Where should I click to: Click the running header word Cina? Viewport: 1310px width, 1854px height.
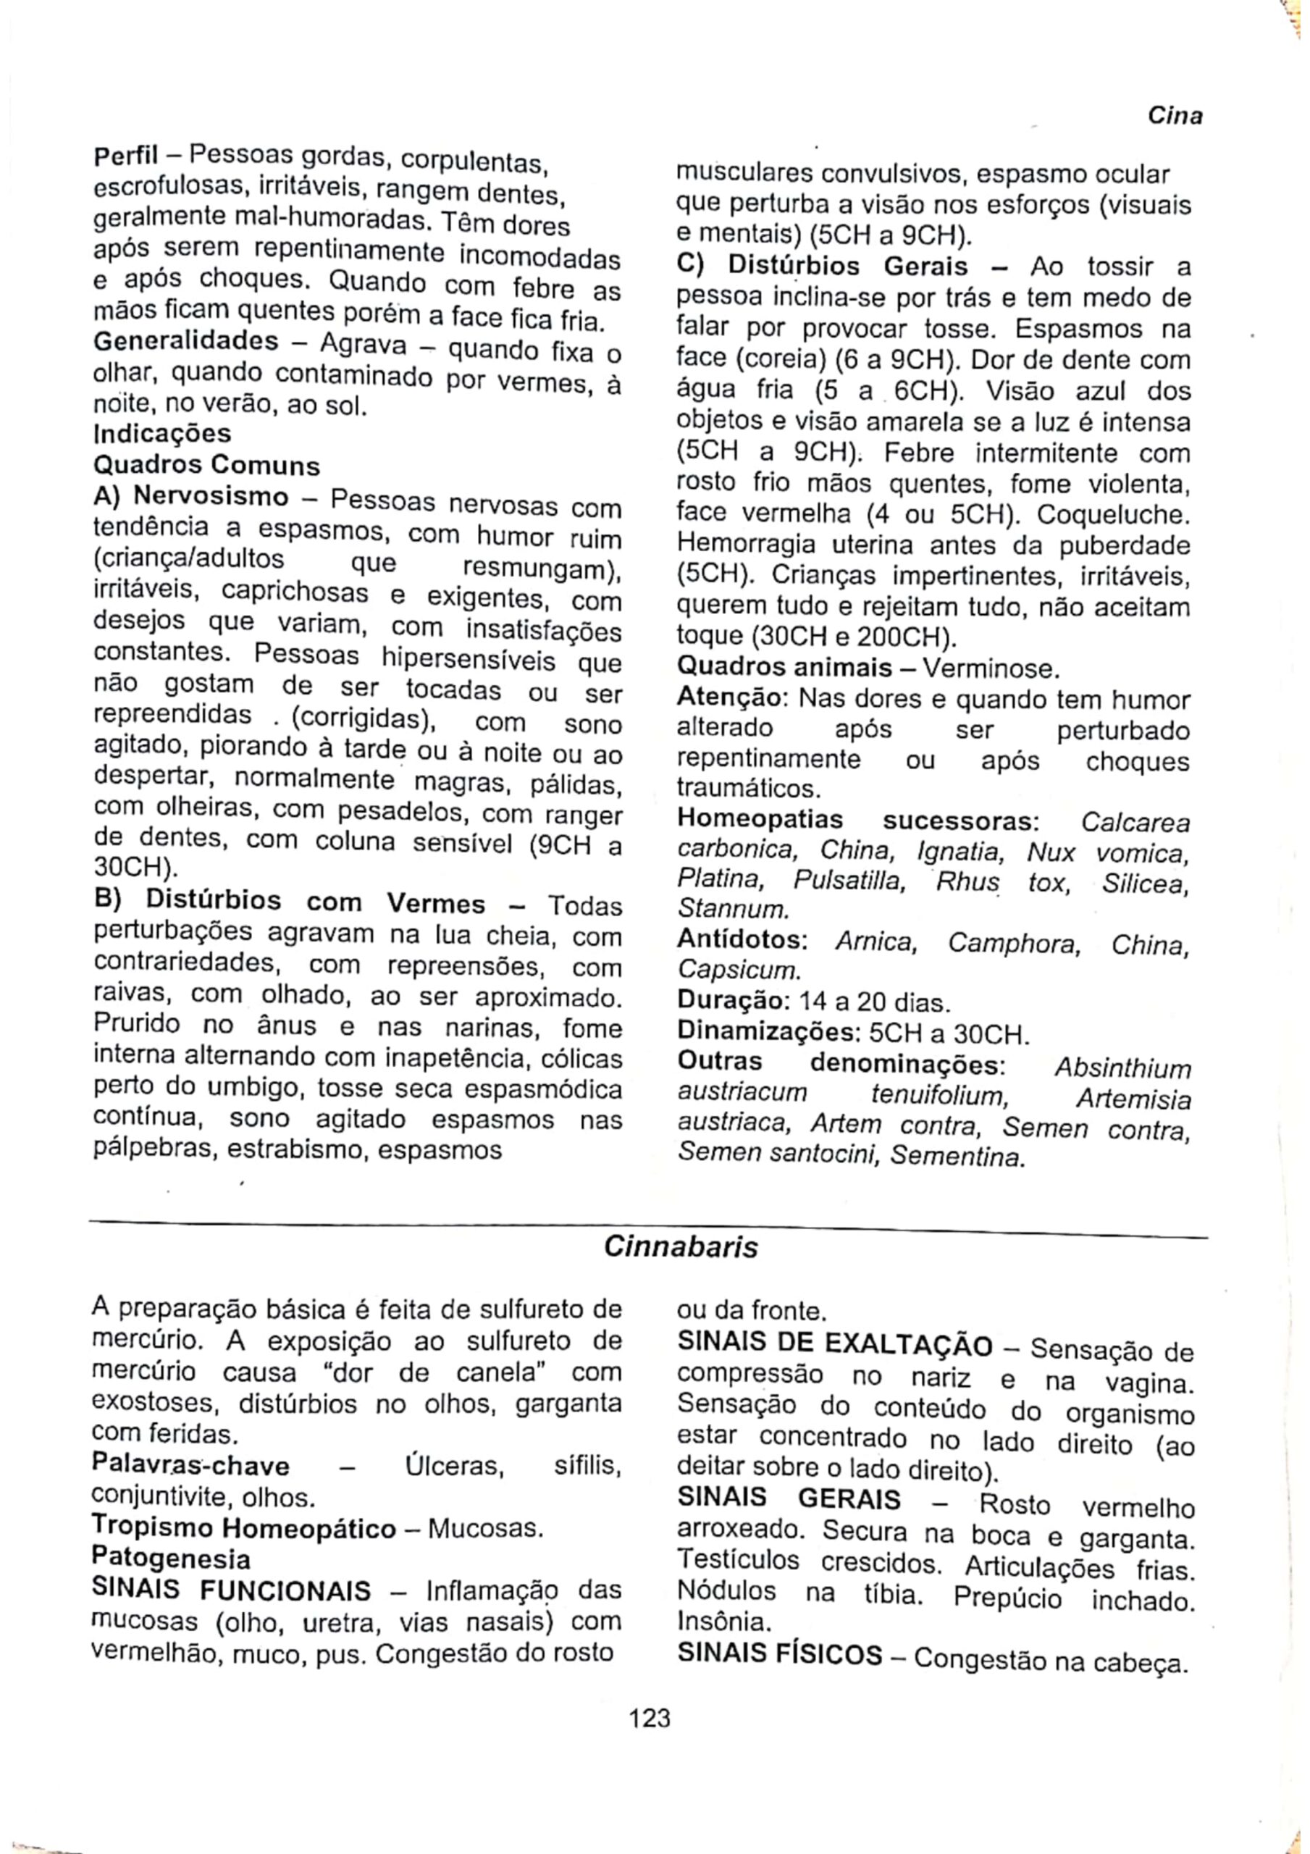[x=1175, y=117]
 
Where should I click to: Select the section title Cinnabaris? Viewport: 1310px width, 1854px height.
[x=681, y=1248]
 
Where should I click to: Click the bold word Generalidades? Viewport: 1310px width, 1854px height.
[x=186, y=341]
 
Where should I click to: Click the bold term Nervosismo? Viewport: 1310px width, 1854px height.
[x=211, y=495]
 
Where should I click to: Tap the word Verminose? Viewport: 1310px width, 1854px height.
[x=988, y=668]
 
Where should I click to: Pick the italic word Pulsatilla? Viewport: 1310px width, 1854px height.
[x=848, y=879]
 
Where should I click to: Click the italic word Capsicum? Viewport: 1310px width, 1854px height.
[x=738, y=969]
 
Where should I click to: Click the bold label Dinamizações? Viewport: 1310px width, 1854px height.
[x=769, y=1033]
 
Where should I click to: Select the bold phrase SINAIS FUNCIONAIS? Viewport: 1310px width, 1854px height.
[x=232, y=1590]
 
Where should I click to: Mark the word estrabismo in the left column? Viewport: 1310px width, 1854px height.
[x=293, y=1150]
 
